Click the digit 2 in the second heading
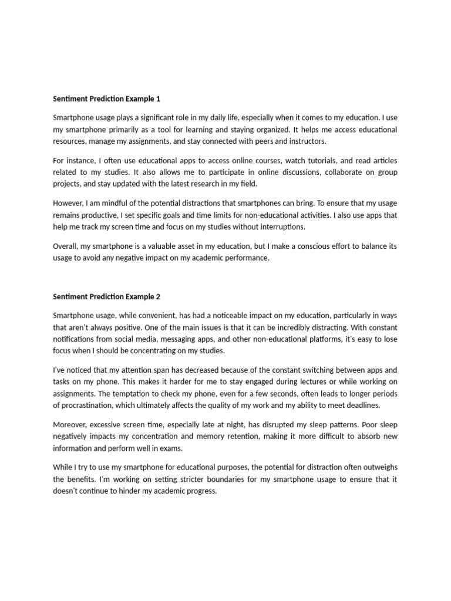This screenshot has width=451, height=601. (x=158, y=296)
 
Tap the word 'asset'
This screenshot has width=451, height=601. (x=184, y=246)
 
